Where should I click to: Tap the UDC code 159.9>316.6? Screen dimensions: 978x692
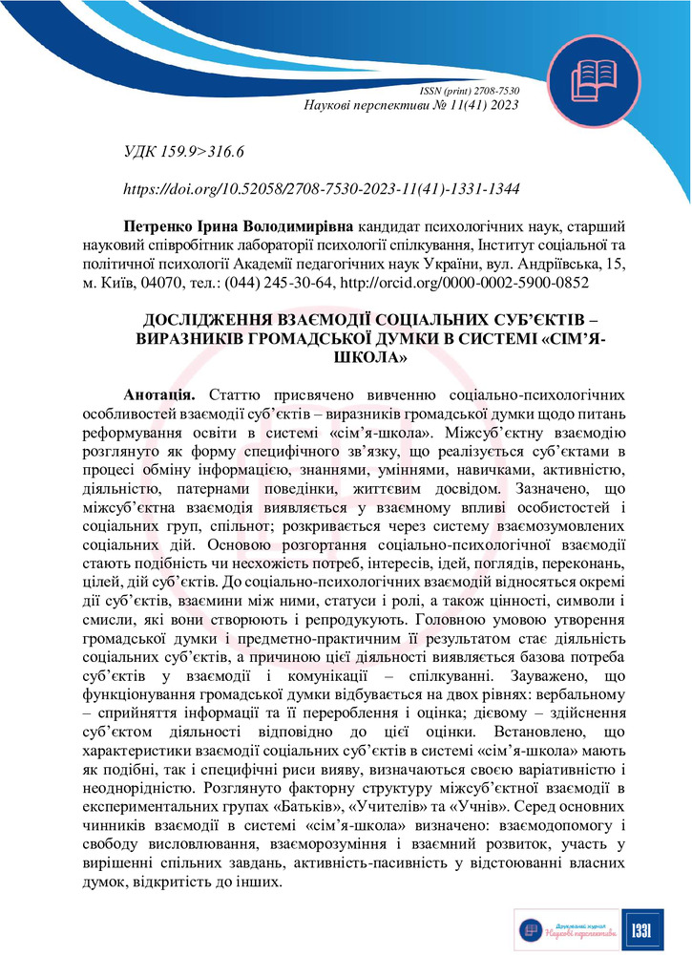pyautogui.click(x=203, y=152)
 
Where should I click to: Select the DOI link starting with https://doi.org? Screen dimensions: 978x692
pyautogui.click(x=322, y=189)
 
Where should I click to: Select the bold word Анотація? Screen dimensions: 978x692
pyautogui.click(x=159, y=394)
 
